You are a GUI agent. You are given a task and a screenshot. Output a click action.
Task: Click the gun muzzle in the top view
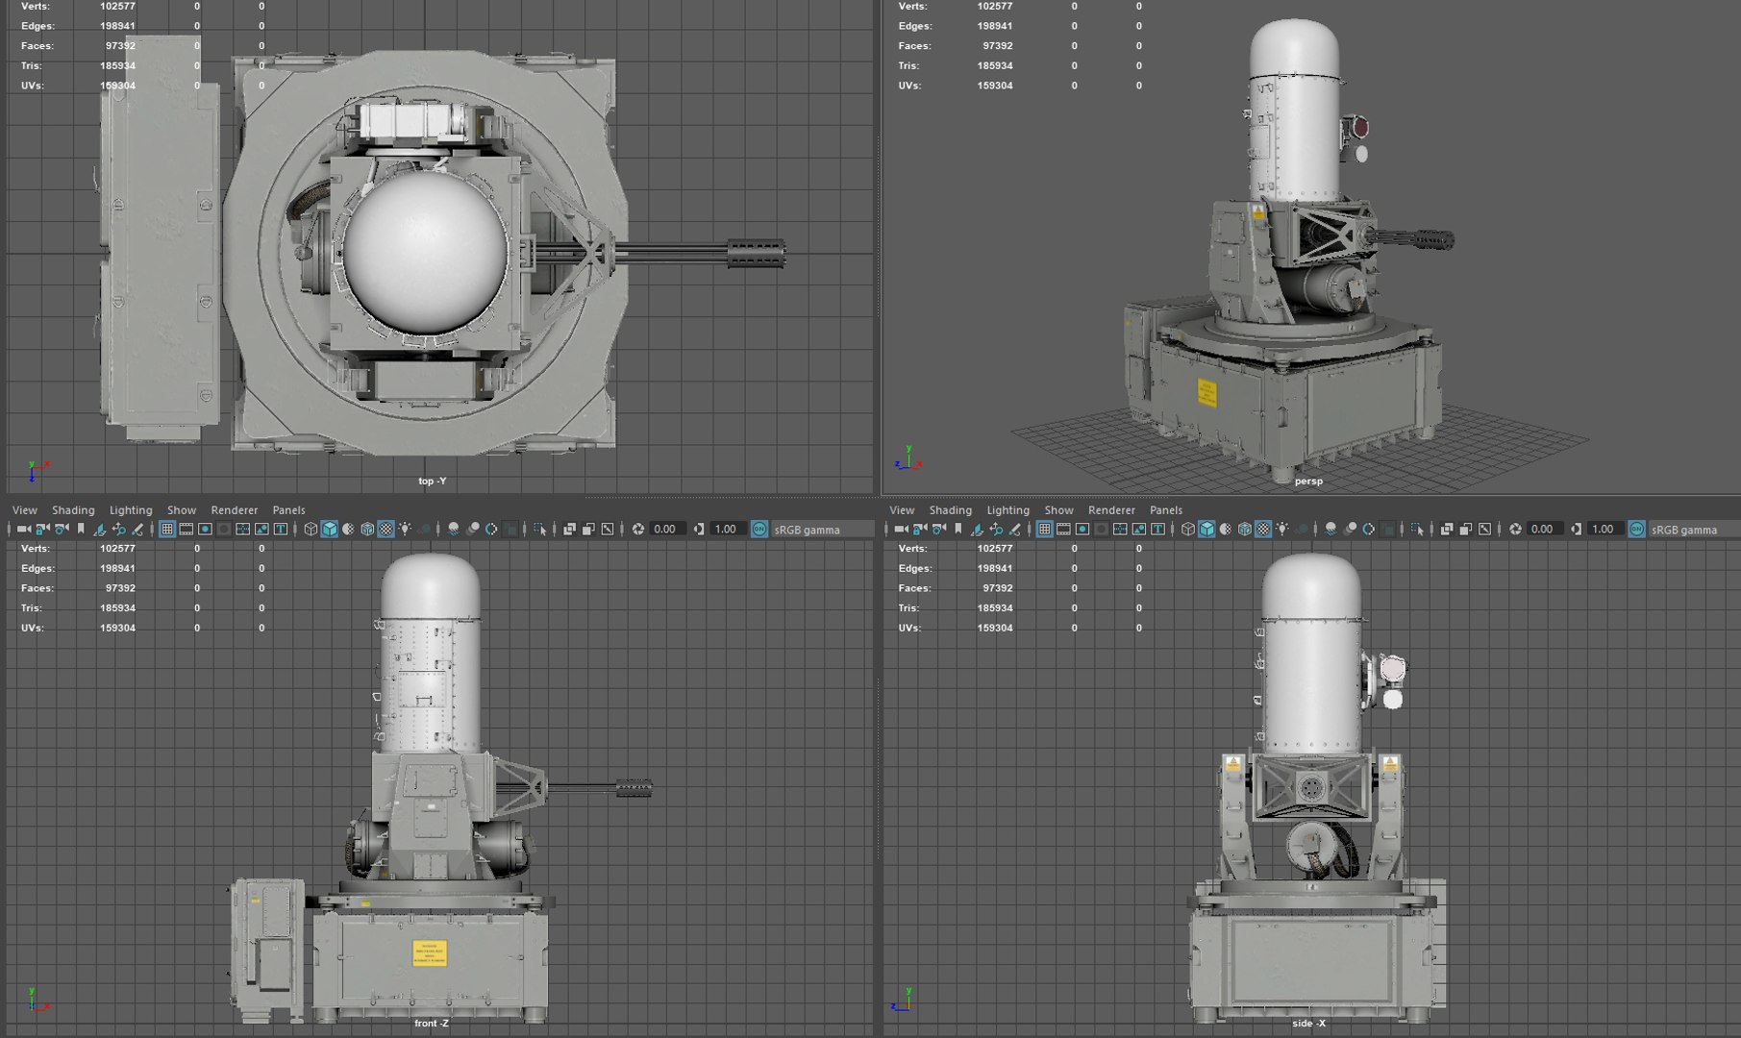pos(757,254)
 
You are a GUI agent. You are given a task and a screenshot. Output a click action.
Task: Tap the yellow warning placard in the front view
pos(429,951)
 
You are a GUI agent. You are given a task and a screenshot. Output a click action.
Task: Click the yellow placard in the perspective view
pos(1206,392)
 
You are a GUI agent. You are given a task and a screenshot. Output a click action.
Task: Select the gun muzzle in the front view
pos(634,789)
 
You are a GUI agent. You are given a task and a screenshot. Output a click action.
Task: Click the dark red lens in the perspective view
pos(1359,127)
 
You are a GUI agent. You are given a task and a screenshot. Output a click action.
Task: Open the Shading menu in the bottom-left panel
pos(73,510)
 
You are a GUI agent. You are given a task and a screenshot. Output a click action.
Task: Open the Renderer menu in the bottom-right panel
pos(1111,510)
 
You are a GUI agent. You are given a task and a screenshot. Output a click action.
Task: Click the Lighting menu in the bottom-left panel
pos(131,510)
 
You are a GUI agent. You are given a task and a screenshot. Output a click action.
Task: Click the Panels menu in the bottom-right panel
pos(1165,510)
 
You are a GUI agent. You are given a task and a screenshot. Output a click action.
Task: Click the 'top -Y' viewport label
pos(432,481)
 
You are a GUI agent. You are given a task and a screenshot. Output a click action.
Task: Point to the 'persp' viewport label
pos(1307,481)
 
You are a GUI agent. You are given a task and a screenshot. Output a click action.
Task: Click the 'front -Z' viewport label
pos(431,1024)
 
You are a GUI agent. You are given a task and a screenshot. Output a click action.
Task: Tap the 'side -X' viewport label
pos(1307,1024)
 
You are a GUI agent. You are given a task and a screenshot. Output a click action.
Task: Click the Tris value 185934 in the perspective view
pos(995,65)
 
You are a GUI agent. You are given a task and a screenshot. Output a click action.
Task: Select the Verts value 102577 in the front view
pos(117,548)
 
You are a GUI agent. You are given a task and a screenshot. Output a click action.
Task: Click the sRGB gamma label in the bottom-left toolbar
pos(807,530)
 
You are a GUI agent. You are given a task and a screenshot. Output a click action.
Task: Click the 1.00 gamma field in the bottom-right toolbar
pos(1602,530)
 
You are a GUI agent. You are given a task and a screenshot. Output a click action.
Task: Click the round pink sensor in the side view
pos(1392,667)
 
